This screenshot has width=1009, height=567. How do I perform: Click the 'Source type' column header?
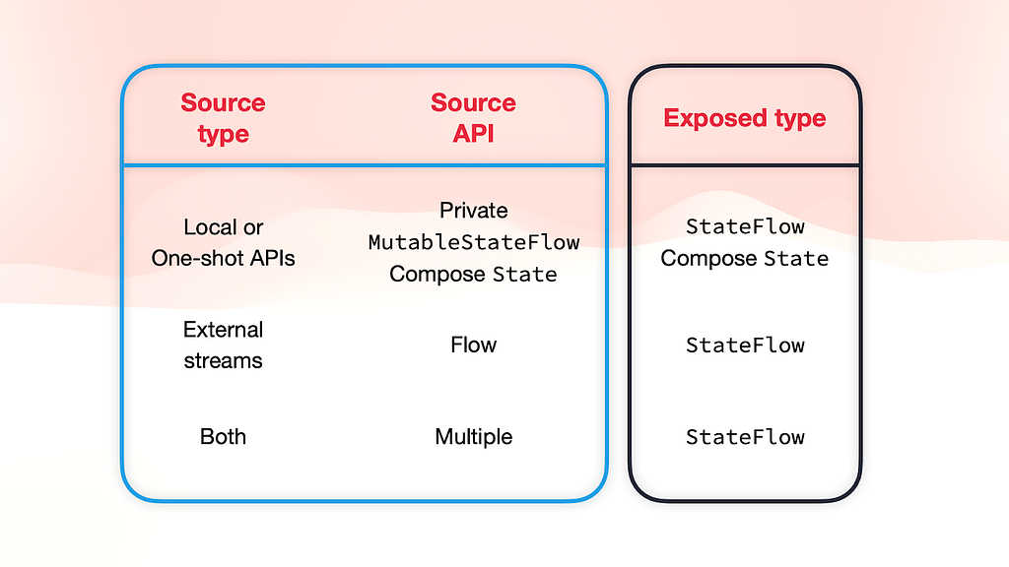tap(223, 118)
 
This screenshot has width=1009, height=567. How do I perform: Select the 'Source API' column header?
tap(473, 118)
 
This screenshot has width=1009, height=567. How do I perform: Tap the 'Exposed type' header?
tap(745, 118)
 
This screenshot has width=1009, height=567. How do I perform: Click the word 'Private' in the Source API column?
tap(474, 211)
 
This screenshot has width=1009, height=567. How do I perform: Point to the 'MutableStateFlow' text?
tap(474, 242)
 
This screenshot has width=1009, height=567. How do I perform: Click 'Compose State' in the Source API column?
tap(473, 274)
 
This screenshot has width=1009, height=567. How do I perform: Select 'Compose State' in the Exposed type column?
tap(745, 259)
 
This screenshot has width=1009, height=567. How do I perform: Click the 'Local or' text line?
tap(224, 227)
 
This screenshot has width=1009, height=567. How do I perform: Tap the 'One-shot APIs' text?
tap(224, 258)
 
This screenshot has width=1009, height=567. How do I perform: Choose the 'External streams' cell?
tap(224, 346)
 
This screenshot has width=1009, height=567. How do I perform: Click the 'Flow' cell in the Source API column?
tap(474, 346)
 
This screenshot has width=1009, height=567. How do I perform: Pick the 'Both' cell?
tap(224, 436)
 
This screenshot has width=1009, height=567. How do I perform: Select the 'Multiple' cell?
tap(474, 436)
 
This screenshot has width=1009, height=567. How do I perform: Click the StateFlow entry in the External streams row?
tap(745, 346)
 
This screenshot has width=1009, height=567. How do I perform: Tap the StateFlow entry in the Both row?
tap(745, 437)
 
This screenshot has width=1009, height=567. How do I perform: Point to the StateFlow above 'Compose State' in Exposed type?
tap(745, 226)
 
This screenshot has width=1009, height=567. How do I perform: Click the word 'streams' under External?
tap(224, 360)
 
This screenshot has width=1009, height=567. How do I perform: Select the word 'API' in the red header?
tap(473, 134)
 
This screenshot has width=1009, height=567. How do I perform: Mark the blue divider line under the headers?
tap(365, 165)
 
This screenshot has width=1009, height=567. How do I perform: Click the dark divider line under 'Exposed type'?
tap(745, 165)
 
